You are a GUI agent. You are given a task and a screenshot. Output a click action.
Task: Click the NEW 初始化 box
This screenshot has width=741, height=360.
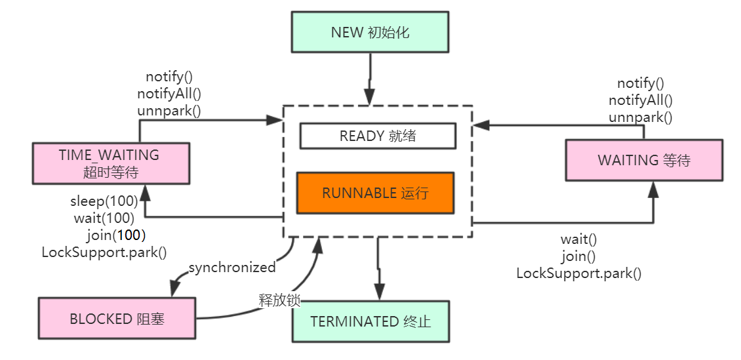coord(370,31)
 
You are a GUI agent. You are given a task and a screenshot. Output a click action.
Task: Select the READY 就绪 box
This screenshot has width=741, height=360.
coord(377,136)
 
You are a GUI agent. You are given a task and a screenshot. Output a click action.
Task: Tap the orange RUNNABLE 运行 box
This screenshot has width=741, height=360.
coord(375,193)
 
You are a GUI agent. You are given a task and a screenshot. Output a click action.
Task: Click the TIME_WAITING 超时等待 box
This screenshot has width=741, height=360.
coord(111,163)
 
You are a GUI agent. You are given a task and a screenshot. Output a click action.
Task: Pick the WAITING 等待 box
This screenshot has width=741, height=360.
coord(644,160)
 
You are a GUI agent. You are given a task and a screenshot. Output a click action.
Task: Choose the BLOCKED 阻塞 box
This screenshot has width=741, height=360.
coord(117,319)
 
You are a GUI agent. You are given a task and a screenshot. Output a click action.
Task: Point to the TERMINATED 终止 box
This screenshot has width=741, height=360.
coord(370,321)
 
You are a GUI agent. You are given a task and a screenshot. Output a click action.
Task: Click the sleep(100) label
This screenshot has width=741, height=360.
coord(104,201)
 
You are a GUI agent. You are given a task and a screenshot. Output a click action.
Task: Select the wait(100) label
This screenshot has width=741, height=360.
coord(104,217)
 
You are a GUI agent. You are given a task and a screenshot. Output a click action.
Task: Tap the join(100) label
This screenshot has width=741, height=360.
coord(115,234)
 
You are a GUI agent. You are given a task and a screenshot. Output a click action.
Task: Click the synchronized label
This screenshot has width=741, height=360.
coord(232,268)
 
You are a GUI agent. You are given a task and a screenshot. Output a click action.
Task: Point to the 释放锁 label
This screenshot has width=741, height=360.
coord(279,300)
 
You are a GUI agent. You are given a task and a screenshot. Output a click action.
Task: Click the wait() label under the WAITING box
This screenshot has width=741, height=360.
coord(578,239)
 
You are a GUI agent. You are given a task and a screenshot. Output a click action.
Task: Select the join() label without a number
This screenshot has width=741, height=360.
coord(578,256)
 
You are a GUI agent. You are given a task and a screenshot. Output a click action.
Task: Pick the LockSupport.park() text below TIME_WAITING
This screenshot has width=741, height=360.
coord(104,251)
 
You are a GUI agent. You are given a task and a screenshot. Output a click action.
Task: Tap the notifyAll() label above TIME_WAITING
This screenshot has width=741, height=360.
coord(169,94)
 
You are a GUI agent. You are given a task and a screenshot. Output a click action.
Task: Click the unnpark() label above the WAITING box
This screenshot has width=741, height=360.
coord(640,117)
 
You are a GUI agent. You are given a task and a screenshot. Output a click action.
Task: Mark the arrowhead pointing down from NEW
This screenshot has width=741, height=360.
coord(370,96)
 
